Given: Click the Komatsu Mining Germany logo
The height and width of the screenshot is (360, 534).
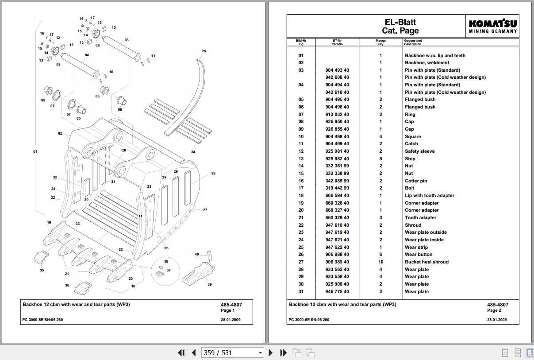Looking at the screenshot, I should (x=493, y=26).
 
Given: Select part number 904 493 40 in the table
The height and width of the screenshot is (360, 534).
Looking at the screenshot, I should (x=337, y=70).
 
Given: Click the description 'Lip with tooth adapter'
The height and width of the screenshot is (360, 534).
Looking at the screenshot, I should (x=429, y=195).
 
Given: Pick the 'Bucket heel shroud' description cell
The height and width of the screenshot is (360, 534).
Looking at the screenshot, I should (x=426, y=262).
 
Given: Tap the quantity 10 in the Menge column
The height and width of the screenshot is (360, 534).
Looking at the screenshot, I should (x=380, y=262).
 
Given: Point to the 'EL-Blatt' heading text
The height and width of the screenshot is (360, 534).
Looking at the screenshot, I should (x=400, y=22).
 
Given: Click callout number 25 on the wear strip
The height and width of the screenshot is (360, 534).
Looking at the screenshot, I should (x=204, y=51).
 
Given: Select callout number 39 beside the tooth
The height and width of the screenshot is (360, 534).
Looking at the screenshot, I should (x=210, y=284).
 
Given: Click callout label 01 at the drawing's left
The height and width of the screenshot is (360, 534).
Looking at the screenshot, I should (x=35, y=151).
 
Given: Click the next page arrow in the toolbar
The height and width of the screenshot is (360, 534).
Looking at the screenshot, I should (x=271, y=352).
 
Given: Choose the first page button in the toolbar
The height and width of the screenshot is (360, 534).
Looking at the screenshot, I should (x=181, y=352).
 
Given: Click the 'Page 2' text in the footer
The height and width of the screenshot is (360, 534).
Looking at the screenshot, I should (x=494, y=310).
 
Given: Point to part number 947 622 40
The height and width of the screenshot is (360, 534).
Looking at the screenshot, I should (x=337, y=247).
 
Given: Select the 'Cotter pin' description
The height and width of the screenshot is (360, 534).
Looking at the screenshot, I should (x=416, y=181).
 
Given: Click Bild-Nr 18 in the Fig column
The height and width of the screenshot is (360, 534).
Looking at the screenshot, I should (x=301, y=195).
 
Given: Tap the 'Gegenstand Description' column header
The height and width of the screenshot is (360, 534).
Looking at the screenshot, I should (x=413, y=42).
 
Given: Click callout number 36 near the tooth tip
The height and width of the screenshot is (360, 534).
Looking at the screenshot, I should (x=67, y=285).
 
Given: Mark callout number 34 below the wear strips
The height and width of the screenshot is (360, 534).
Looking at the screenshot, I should (x=193, y=152).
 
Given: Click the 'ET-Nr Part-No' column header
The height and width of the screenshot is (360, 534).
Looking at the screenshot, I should (x=337, y=42).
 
